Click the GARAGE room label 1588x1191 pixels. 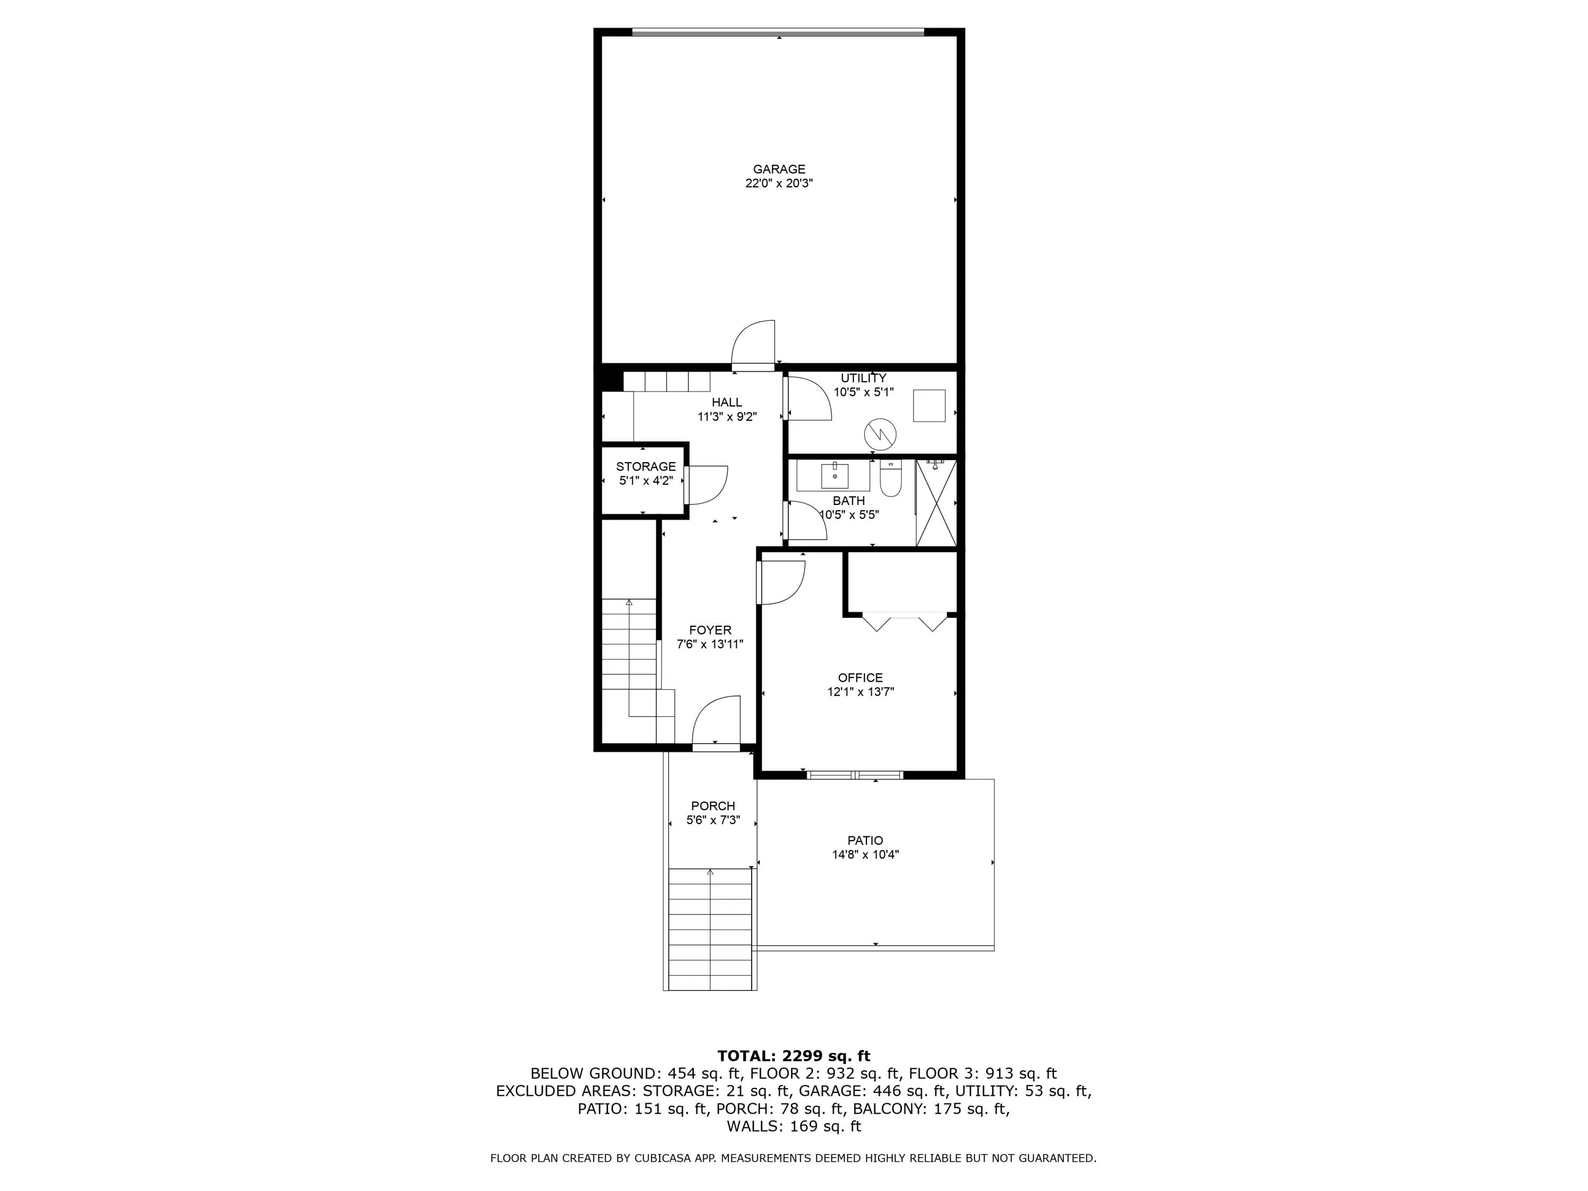point(779,169)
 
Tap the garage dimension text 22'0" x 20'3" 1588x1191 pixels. point(779,184)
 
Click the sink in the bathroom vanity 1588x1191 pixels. point(834,475)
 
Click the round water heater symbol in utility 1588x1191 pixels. point(880,434)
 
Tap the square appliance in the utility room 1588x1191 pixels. point(929,405)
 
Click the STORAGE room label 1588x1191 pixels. point(645,467)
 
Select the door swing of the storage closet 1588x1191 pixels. point(707,486)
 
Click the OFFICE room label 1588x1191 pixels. point(860,678)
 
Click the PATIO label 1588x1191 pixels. point(865,841)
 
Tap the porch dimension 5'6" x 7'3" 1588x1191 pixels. point(713,820)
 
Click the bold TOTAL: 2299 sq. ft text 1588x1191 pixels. point(793,1056)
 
